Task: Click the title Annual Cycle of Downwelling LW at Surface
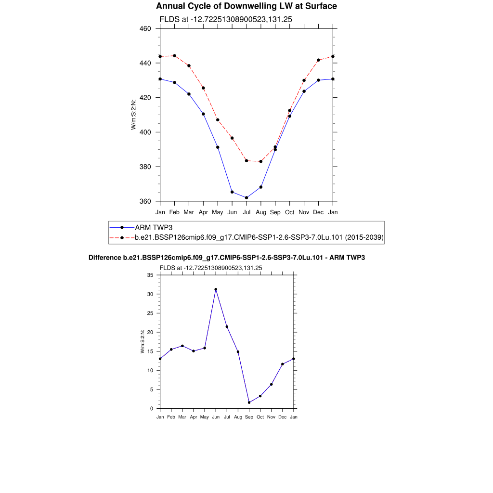[246, 6]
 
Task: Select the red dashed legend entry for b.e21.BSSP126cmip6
[259, 237]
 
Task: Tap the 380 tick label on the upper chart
[145, 167]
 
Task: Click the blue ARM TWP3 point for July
[246, 198]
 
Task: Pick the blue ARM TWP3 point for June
[232, 192]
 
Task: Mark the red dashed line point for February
[174, 56]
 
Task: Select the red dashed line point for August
[261, 161]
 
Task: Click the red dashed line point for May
[218, 120]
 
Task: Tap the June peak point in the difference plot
[216, 289]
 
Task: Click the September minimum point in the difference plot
[249, 402]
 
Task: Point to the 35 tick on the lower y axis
[150, 275]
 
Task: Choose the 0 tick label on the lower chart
[151, 409]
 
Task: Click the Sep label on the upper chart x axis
[275, 212]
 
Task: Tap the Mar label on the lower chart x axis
[182, 417]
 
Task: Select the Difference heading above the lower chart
[227, 258]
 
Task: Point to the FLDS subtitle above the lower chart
[211, 268]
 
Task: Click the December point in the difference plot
[283, 364]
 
